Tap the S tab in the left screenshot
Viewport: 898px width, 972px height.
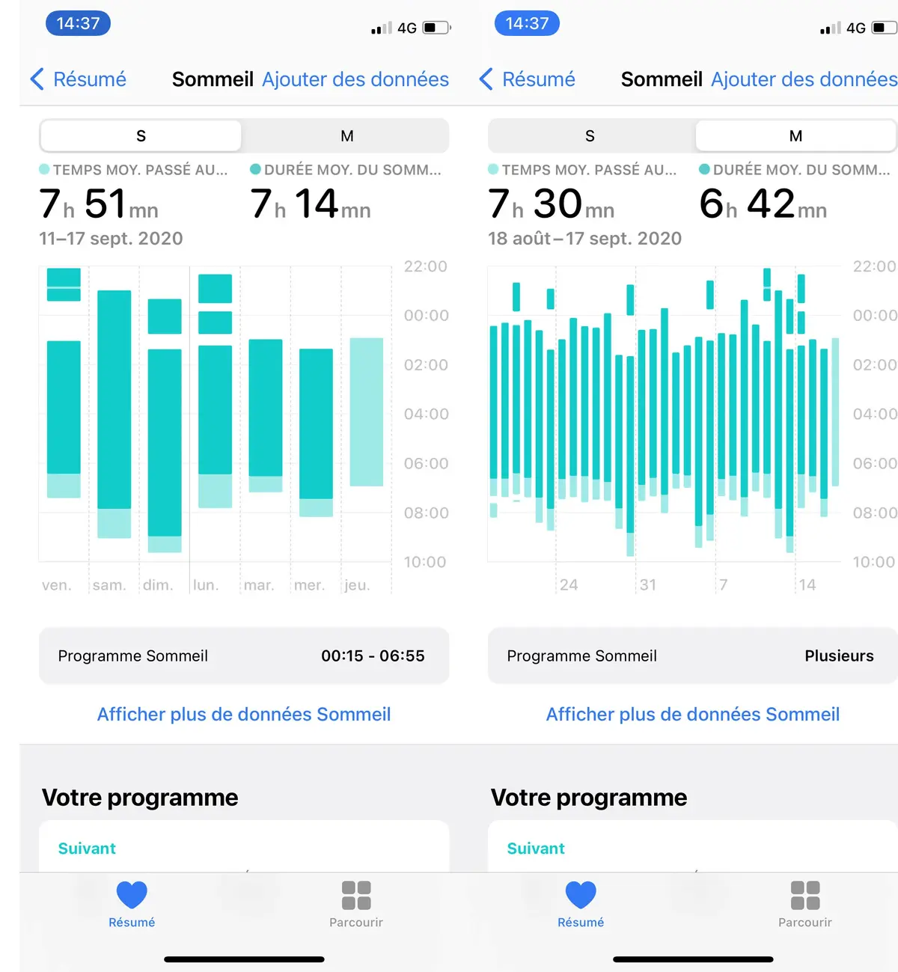point(141,136)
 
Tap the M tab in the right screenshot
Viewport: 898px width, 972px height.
point(795,136)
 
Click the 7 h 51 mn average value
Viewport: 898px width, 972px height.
point(99,204)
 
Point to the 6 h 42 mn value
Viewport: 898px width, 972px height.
point(763,204)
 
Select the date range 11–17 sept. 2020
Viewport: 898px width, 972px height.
point(111,239)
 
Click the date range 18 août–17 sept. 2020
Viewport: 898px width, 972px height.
point(584,239)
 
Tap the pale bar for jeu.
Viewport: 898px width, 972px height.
point(367,412)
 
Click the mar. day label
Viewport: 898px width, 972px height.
point(259,585)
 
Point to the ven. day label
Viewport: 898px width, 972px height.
point(57,585)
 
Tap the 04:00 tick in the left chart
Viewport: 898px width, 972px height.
point(426,415)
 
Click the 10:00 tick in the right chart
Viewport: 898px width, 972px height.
point(873,562)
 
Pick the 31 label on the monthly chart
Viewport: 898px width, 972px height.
point(648,585)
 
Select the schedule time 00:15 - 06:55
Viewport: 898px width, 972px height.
point(373,656)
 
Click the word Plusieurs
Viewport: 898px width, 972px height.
point(839,656)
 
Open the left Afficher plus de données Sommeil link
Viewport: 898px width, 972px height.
point(244,715)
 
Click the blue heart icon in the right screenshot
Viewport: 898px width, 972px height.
point(581,895)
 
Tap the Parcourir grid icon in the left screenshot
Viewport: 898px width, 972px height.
point(356,895)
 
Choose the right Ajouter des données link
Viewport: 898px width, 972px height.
point(804,79)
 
